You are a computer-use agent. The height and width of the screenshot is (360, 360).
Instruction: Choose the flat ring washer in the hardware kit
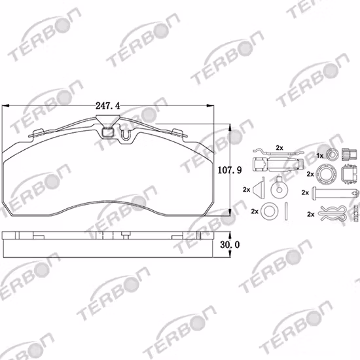point(267,211)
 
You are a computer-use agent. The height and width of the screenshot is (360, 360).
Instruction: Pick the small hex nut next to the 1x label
point(333,156)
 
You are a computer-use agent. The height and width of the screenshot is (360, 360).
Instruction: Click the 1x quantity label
point(319,156)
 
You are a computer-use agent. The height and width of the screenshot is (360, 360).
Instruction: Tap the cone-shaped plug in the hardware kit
point(261,190)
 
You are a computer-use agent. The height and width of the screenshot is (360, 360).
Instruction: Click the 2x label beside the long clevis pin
point(305,193)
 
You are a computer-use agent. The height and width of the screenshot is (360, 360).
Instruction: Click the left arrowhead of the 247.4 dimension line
point(5,105)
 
